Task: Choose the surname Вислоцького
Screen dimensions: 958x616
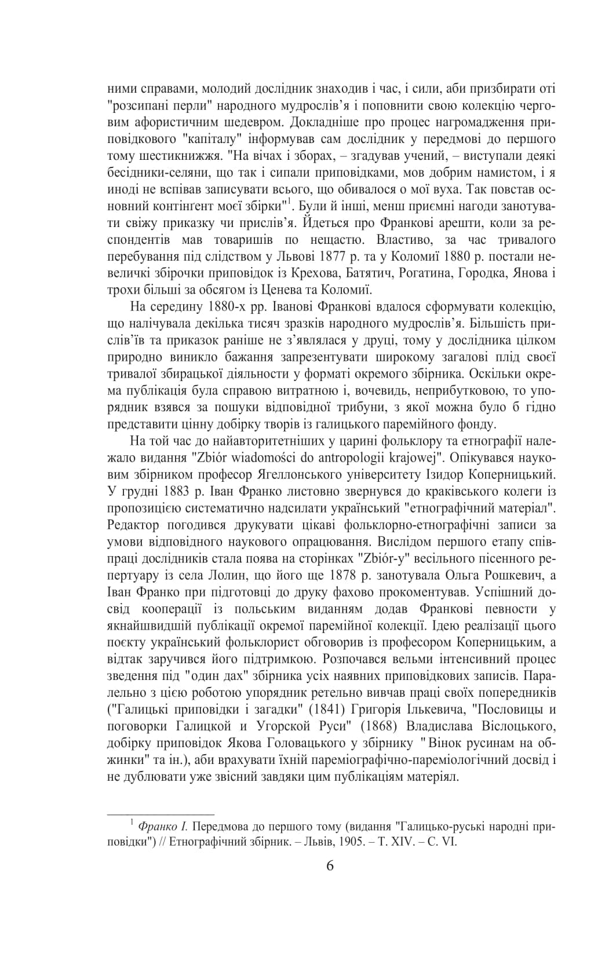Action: coord(517,726)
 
